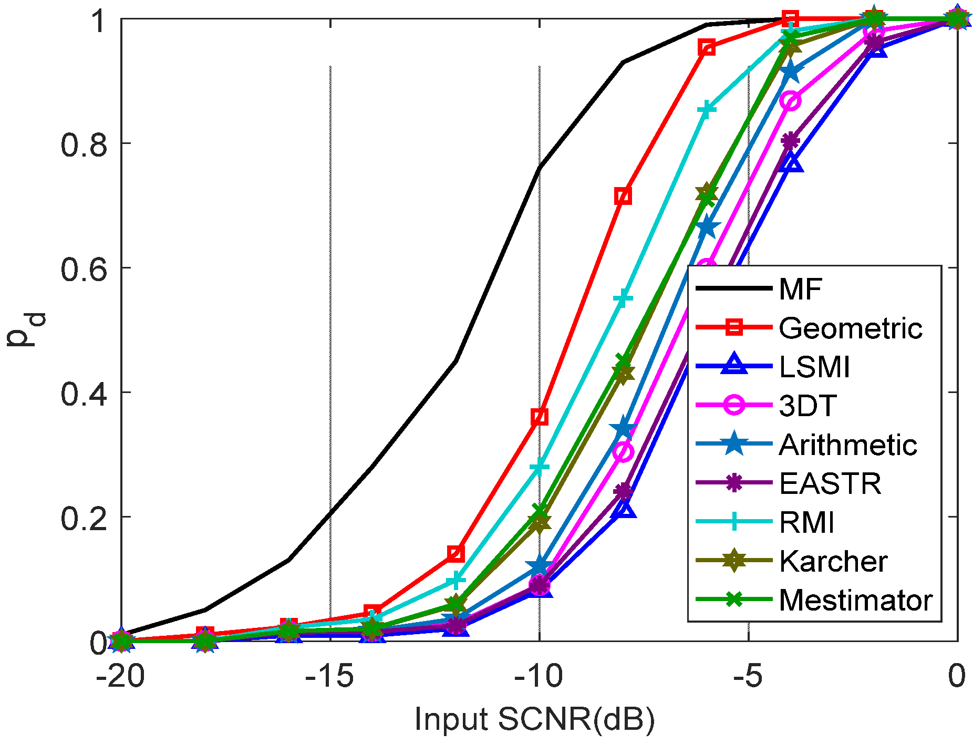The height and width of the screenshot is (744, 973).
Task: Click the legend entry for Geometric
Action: click(850, 328)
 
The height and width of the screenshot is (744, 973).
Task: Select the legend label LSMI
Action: click(814, 367)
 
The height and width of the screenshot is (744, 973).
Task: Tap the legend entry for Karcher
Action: click(833, 561)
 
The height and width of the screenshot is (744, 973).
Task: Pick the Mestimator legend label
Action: click(855, 600)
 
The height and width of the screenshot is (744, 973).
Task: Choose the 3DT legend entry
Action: click(808, 406)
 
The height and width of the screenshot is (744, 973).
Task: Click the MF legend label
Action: click(800, 289)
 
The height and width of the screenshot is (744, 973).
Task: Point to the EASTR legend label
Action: click(830, 483)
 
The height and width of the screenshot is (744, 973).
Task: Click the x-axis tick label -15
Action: click(329, 677)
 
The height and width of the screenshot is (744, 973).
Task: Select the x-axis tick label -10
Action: click(539, 677)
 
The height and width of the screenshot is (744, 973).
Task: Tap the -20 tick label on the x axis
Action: click(120, 677)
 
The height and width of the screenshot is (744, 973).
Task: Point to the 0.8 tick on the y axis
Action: click(84, 144)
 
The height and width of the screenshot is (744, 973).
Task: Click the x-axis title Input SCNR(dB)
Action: click(535, 719)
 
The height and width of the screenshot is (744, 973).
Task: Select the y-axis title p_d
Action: click(26, 330)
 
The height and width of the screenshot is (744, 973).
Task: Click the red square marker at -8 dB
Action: click(623, 196)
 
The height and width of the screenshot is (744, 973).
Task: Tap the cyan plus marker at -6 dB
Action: click(707, 109)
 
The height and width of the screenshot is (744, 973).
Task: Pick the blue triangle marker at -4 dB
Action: click(791, 164)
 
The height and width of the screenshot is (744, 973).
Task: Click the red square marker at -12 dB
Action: click(456, 553)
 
